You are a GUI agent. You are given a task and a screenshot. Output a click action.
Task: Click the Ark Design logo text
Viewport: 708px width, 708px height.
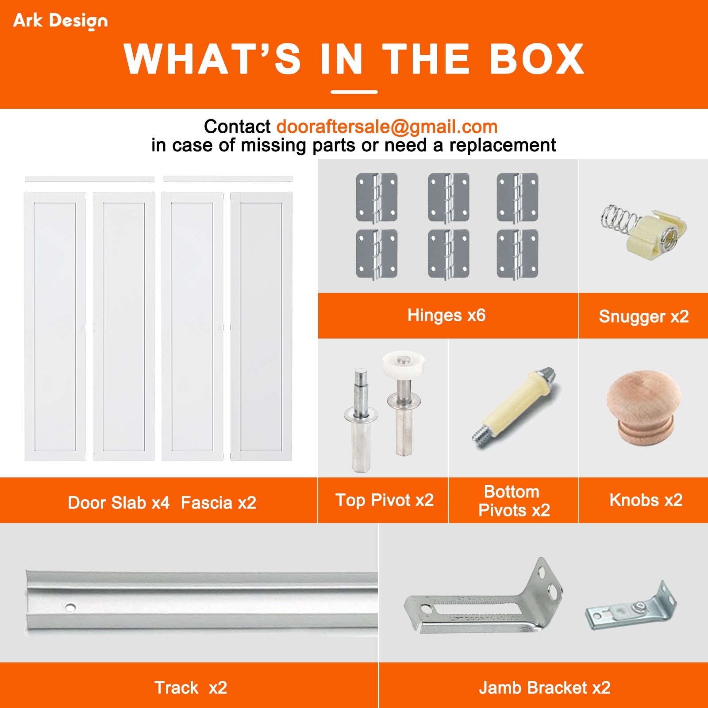(60, 20)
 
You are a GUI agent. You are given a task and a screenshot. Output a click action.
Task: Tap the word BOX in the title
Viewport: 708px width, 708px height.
(537, 60)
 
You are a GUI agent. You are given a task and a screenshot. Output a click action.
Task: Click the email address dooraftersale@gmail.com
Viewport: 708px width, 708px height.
(387, 127)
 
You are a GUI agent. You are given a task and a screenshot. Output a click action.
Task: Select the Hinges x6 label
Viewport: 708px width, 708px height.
(446, 316)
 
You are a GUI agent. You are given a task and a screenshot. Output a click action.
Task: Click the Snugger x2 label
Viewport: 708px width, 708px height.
(643, 316)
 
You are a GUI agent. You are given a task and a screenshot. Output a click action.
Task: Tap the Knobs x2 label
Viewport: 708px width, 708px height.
(646, 500)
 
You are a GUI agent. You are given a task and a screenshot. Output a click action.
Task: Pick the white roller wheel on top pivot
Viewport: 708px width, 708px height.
(403, 364)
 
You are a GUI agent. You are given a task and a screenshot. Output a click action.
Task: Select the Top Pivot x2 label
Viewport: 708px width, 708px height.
(384, 500)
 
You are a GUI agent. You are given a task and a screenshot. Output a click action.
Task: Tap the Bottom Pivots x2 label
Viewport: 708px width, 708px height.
(513, 501)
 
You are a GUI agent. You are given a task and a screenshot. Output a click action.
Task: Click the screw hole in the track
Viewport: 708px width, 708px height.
(70, 607)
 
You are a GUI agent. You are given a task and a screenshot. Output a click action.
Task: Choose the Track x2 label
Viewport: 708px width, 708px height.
(190, 688)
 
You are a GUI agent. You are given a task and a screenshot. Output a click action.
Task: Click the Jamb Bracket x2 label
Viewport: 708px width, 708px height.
(544, 688)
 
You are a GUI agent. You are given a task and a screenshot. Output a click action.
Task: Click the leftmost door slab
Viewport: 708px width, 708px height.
(55, 327)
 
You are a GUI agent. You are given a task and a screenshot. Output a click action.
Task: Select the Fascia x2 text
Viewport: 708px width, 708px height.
(218, 503)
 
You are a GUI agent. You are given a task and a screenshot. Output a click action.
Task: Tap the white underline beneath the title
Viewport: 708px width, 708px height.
(354, 92)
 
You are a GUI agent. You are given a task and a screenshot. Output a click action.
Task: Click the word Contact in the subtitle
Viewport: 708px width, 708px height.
(237, 127)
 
